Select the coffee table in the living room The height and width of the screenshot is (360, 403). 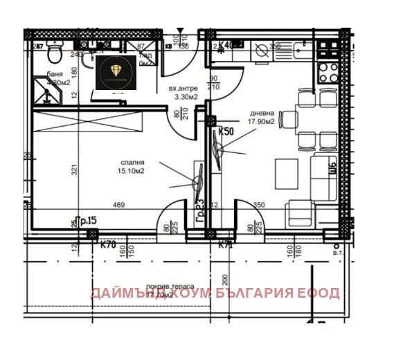point(285,170)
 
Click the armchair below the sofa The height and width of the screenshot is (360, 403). point(301,214)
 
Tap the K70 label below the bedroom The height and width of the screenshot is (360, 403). point(107,244)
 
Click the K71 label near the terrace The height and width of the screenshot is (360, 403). point(225,244)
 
